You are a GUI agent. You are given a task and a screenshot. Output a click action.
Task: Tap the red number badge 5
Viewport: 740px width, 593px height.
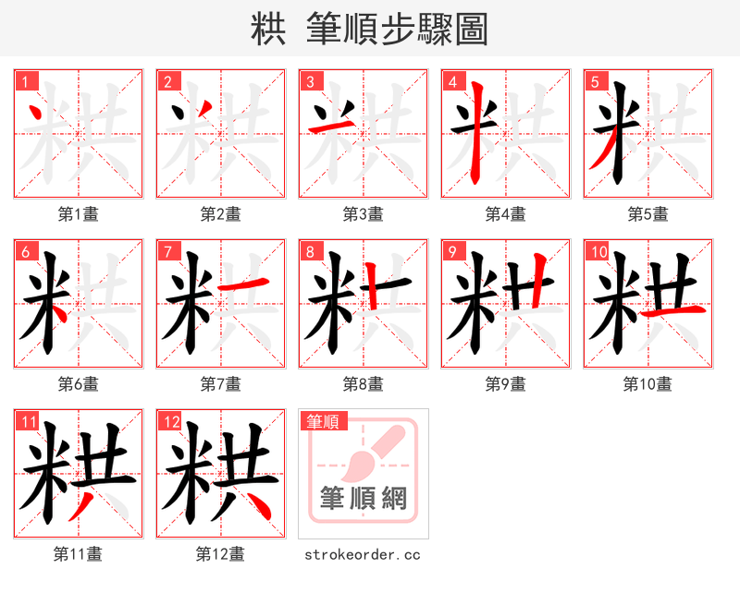pos(595,81)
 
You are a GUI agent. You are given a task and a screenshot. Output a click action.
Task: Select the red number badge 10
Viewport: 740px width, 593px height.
pos(597,251)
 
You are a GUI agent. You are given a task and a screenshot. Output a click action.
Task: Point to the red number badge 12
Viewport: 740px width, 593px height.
pos(169,421)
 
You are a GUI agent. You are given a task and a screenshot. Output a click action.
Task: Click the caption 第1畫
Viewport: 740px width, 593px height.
pos(78,214)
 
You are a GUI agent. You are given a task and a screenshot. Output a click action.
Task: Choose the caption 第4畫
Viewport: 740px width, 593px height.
pos(505,214)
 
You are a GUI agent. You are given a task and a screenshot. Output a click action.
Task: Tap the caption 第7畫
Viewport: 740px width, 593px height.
pos(220,384)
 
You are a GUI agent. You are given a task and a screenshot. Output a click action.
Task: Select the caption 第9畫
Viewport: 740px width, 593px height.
pos(505,384)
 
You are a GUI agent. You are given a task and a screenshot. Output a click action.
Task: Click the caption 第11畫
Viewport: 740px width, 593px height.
pos(78,554)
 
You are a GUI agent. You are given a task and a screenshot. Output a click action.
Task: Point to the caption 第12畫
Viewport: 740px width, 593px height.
pos(220,554)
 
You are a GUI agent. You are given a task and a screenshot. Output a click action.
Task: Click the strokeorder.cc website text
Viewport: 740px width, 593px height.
pos(363,554)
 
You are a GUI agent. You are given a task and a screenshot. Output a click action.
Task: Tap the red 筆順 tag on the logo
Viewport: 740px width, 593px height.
pos(323,422)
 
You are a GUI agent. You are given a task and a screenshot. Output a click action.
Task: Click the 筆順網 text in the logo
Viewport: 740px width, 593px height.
pos(363,499)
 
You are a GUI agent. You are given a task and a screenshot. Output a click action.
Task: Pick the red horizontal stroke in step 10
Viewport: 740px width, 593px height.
pos(672,313)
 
